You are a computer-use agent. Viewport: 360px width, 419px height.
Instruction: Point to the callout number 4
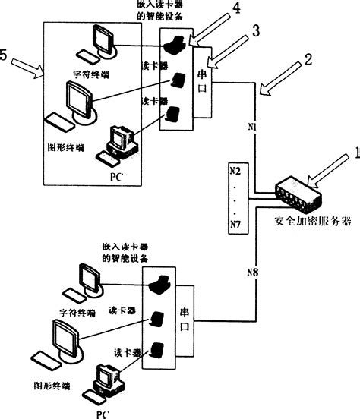click(236, 8)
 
